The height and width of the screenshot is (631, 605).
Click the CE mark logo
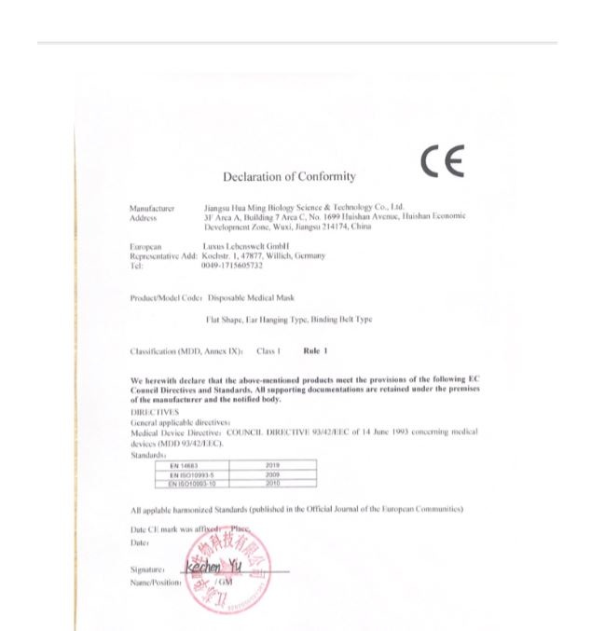click(443, 162)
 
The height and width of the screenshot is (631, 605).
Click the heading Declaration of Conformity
click(289, 177)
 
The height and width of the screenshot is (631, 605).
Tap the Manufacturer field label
click(152, 209)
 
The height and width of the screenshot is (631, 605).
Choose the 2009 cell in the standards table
click(273, 473)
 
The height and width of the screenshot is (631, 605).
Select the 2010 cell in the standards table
click(273, 483)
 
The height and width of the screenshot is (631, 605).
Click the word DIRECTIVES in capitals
click(151, 407)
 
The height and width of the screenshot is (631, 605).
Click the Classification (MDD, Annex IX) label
click(186, 351)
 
